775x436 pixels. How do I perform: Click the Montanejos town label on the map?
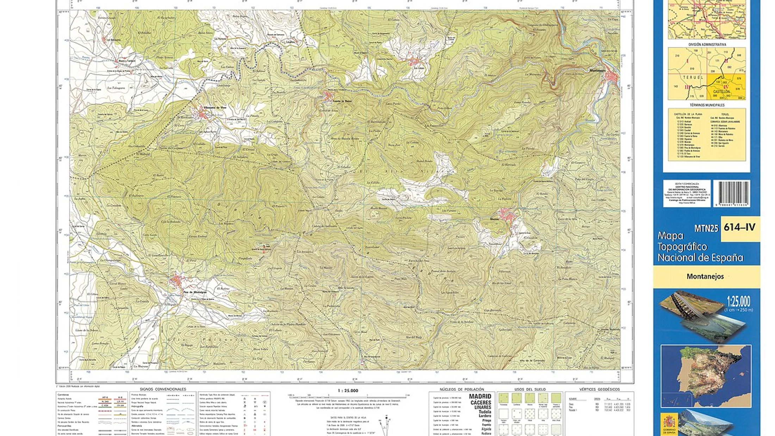597,70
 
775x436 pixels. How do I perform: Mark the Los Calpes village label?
418,68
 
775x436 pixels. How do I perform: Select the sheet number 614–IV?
739,228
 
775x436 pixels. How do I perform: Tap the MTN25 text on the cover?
706,229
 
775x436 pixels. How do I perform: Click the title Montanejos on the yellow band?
705,276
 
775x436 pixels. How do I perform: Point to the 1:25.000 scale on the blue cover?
738,301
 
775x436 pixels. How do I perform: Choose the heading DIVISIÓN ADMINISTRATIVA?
707,45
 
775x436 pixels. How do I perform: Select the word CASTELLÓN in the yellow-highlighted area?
721,92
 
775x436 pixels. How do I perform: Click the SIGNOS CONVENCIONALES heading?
163,389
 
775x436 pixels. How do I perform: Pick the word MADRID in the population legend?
480,397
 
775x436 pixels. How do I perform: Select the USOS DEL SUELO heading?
530,389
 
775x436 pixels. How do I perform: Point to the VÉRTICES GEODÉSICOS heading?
599,389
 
